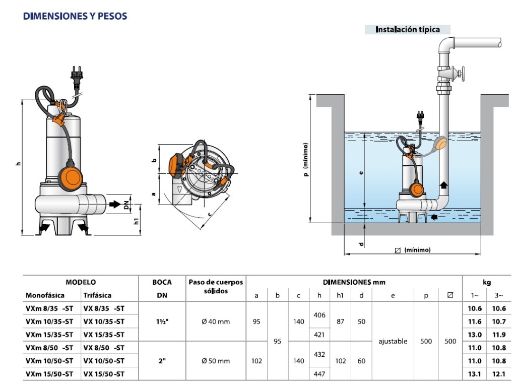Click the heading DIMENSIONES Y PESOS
[x=75, y=17]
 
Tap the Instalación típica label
[x=407, y=29]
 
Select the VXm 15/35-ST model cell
[x=49, y=335]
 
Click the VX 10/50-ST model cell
[x=104, y=361]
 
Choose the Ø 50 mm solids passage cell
[x=216, y=361]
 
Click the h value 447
[x=319, y=374]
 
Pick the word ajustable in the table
[x=393, y=341]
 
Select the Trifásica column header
[x=97, y=295]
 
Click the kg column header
[x=486, y=283]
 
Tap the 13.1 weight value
[x=474, y=374]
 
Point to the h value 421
[x=319, y=335]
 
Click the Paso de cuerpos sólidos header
[x=216, y=287]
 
